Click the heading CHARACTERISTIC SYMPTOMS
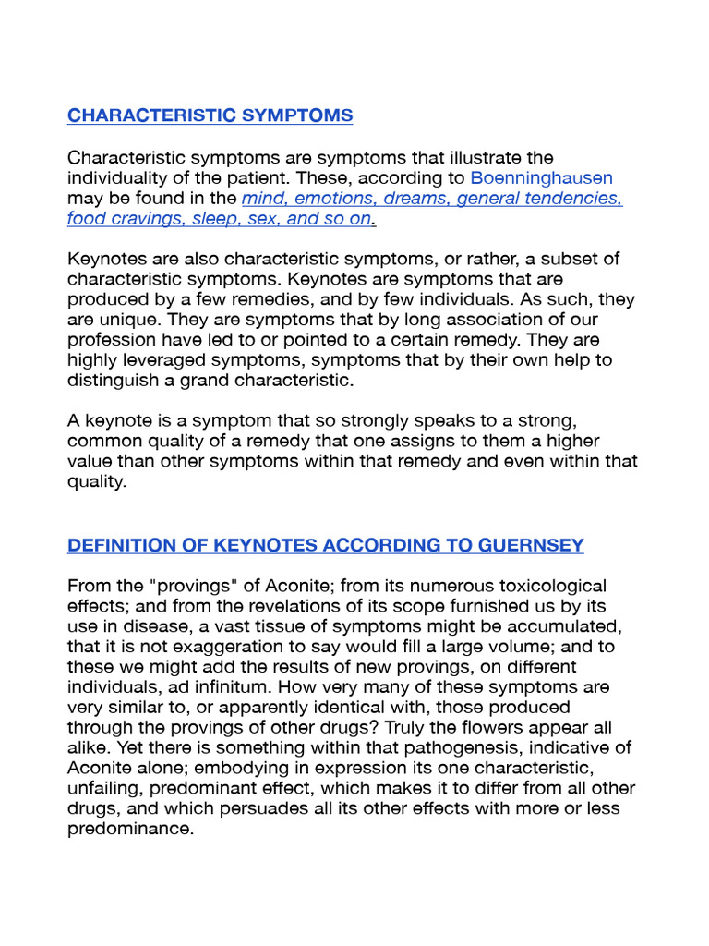pos(210,115)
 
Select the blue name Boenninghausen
pos(541,178)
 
